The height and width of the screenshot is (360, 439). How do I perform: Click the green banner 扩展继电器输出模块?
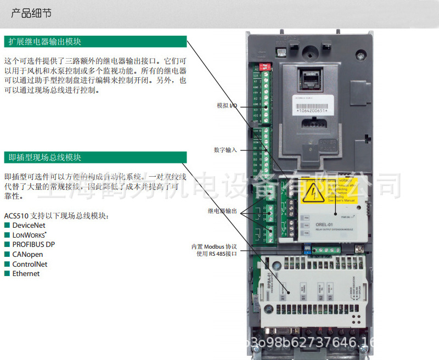click(x=44, y=42)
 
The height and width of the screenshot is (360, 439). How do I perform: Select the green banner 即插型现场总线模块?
click(x=44, y=157)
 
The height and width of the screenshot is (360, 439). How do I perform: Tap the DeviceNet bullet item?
click(x=29, y=225)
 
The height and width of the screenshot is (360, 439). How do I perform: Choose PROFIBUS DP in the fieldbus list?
click(x=33, y=244)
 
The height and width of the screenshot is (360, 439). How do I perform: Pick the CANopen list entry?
click(x=27, y=254)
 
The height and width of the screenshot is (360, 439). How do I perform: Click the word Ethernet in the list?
click(x=26, y=273)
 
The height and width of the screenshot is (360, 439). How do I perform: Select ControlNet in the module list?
click(x=30, y=264)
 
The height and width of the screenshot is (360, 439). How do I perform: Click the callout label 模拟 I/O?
click(x=227, y=105)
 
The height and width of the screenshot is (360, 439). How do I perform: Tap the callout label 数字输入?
click(x=225, y=149)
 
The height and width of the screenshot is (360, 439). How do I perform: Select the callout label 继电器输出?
click(x=222, y=211)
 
